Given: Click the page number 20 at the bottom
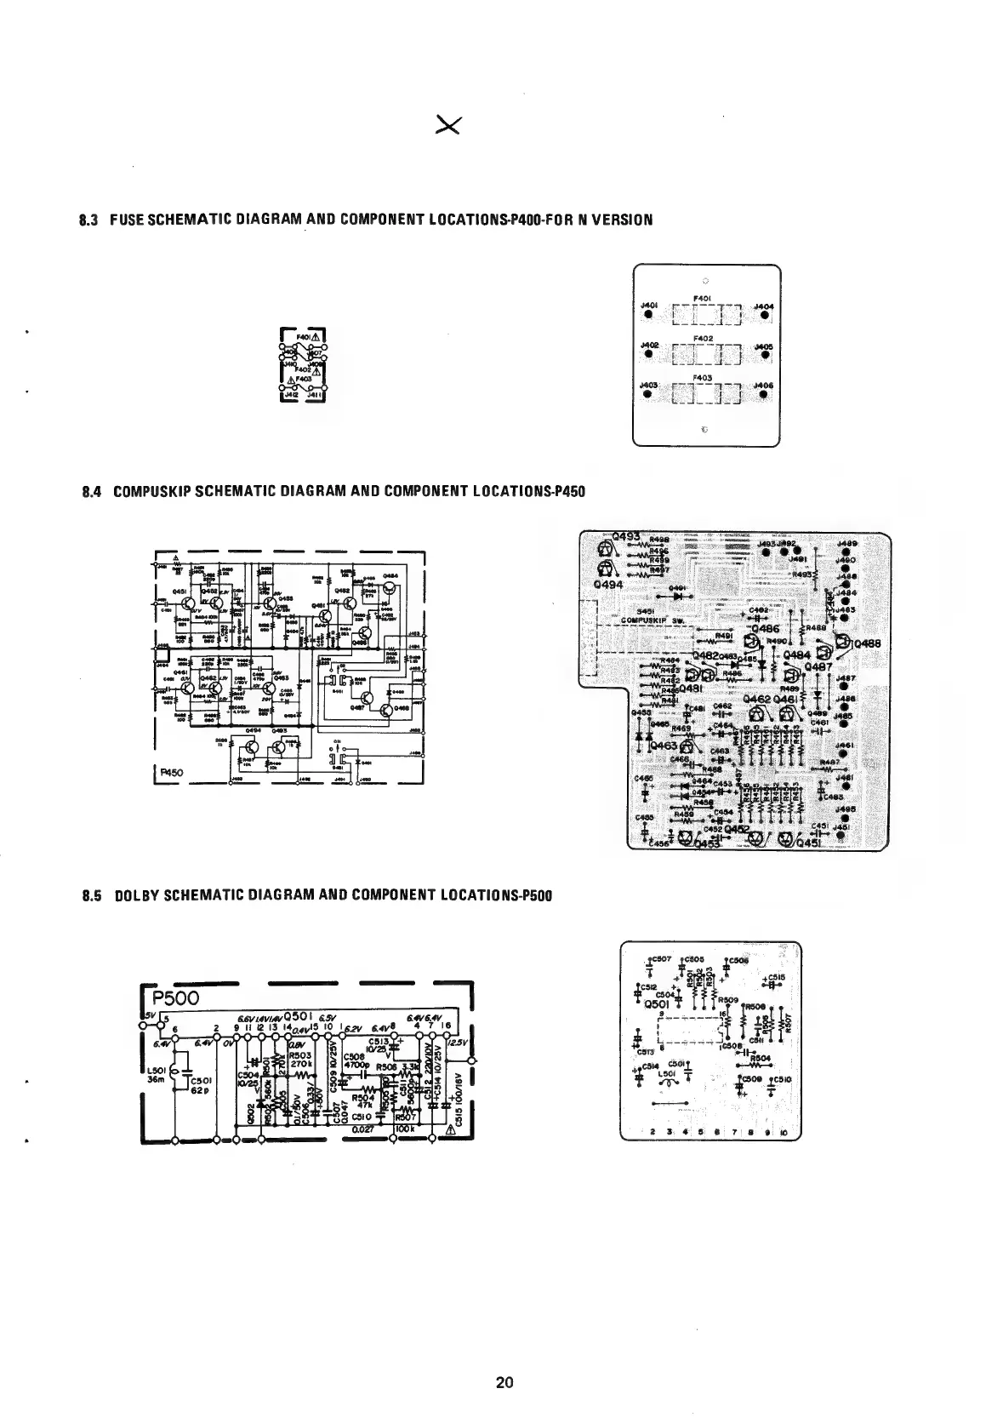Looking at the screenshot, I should tap(504, 1383).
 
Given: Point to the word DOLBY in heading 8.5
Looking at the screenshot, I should tap(139, 895).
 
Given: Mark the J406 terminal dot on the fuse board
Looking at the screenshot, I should tap(765, 394).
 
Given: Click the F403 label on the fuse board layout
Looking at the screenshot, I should tap(704, 376).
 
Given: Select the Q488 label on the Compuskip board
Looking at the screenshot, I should tap(865, 643).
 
